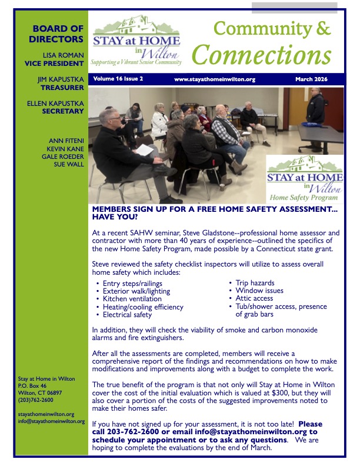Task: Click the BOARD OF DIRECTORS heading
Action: pyautogui.click(x=58, y=34)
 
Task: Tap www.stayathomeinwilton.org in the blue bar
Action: pyautogui.click(x=214, y=78)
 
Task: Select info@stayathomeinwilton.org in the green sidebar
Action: pyautogui.click(x=51, y=421)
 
